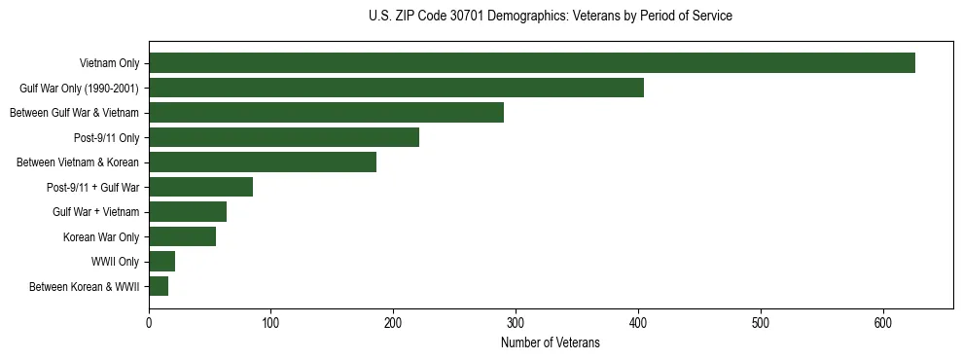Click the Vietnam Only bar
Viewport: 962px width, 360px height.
532,63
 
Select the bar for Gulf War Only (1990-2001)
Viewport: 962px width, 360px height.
396,88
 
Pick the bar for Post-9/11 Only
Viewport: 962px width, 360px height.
284,137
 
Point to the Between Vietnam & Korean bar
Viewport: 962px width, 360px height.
263,162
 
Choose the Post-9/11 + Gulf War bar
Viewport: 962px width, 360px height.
200,187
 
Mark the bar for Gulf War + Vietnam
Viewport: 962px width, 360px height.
188,212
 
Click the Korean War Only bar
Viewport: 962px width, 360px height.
182,236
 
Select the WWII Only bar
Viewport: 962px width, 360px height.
161,262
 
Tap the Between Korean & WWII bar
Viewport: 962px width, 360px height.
159,286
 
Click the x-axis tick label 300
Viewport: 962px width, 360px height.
516,322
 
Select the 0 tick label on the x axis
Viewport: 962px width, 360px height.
149,322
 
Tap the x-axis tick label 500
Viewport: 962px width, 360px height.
761,322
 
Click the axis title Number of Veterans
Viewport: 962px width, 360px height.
550,342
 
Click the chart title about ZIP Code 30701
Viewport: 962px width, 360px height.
551,17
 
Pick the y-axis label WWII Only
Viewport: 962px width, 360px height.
115,262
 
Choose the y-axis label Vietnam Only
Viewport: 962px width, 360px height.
109,63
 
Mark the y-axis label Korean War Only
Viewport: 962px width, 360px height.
101,236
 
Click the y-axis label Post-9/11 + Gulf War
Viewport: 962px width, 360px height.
92,187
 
